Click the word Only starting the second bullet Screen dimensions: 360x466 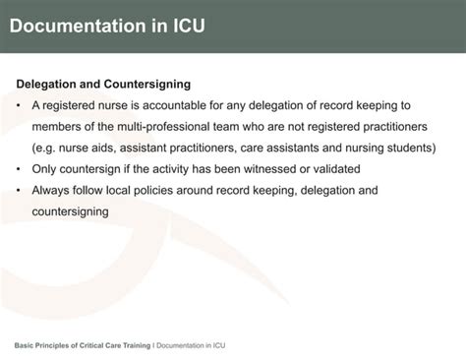(47, 169)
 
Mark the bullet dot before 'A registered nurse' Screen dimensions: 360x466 (20, 105)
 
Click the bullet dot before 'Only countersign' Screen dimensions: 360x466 (20, 169)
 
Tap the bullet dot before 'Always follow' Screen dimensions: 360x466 (20, 190)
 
